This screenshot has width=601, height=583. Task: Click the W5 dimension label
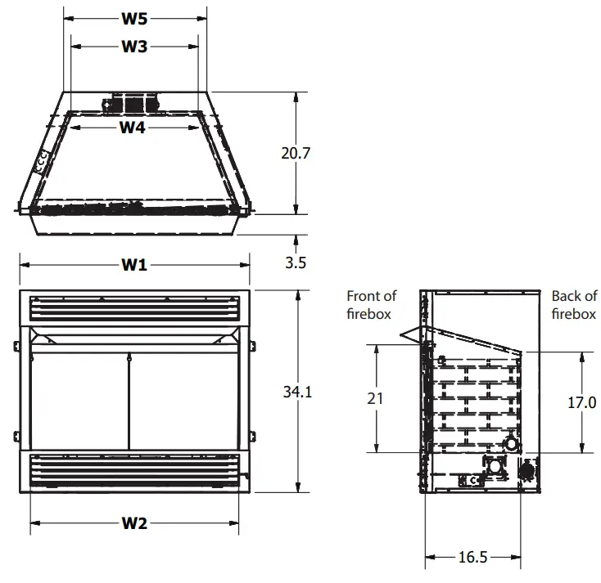(135, 17)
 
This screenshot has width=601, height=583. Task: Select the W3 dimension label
(134, 47)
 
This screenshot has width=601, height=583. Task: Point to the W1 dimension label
(135, 264)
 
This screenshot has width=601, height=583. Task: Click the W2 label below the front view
(134, 523)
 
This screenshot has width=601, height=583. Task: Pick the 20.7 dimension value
(295, 153)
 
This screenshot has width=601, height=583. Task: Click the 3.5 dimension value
(296, 263)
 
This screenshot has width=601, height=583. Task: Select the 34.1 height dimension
(297, 392)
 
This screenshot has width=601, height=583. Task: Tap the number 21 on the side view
(376, 399)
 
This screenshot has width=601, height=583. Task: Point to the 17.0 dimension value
(582, 402)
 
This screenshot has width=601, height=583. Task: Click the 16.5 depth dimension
(472, 558)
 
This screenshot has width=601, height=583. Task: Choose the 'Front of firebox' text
(371, 304)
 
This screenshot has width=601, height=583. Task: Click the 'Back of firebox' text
(573, 304)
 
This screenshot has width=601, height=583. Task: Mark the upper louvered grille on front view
(135, 308)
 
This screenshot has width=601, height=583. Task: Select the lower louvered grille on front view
(135, 469)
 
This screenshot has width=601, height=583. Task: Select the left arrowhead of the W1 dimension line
(23, 264)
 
